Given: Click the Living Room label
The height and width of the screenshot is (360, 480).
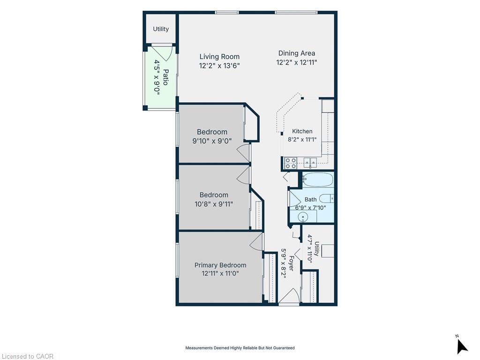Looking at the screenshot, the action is [x=219, y=57].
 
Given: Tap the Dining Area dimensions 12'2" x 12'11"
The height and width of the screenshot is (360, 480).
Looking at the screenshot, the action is [x=296, y=62].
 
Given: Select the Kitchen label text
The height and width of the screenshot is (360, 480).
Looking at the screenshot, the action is [x=302, y=131].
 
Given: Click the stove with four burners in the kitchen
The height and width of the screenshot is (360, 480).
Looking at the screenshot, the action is [x=291, y=163].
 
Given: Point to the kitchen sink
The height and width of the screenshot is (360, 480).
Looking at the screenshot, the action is [x=310, y=162].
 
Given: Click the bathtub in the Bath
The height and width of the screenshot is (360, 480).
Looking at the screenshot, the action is [x=317, y=180].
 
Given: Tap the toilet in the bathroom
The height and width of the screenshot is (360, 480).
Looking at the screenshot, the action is [x=326, y=198].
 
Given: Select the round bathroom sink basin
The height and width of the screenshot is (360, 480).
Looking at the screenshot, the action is [x=303, y=217].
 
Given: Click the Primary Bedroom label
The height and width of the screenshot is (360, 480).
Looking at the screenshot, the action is [x=220, y=265].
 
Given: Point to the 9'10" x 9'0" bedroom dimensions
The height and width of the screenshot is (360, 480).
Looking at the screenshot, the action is [x=212, y=141].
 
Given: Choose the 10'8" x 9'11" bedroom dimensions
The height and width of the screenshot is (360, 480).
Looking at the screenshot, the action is [x=214, y=204].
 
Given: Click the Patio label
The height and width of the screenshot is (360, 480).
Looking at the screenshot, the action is [x=165, y=77].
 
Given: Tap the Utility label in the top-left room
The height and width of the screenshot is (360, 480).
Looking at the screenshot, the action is [x=161, y=29].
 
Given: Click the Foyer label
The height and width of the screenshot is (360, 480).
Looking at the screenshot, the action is [x=291, y=263].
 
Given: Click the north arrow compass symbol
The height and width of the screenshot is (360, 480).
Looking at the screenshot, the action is [x=461, y=346].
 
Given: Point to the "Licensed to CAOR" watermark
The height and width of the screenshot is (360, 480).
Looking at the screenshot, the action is [x=28, y=356].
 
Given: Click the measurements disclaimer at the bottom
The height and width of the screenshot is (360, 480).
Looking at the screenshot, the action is [x=240, y=348].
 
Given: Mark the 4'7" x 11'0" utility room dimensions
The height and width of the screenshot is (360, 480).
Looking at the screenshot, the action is [x=310, y=249].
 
